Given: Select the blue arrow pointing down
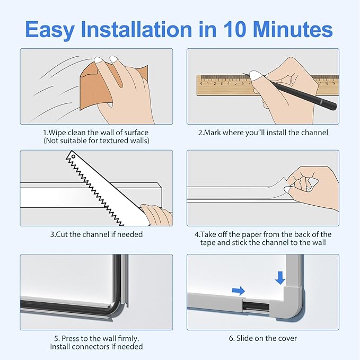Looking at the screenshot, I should point(280,277).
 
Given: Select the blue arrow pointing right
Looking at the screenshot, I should point(238,291).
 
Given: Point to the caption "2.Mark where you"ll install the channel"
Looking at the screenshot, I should point(263,132).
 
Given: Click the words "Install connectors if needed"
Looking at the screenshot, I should point(96,347).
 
